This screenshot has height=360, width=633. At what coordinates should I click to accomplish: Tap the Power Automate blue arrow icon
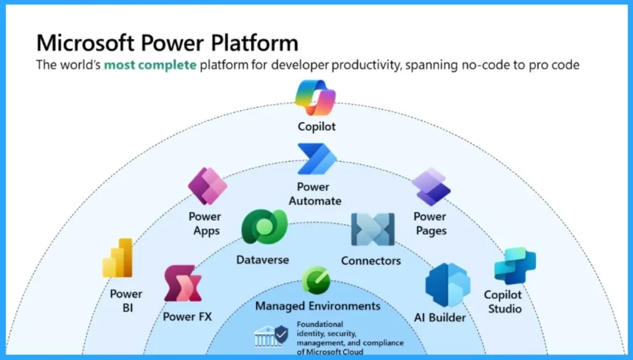317,159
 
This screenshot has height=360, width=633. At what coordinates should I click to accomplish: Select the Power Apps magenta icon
208,186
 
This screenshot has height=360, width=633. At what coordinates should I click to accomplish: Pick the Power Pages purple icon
431,187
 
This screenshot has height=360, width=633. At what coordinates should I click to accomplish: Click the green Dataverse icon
265,226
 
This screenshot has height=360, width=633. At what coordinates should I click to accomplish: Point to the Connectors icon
373,229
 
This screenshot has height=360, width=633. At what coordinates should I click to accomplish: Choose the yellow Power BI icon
117,258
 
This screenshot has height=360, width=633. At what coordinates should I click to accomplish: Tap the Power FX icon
183,283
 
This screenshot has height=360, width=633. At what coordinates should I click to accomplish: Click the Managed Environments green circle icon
316,280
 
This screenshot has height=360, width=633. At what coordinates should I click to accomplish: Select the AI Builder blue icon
448,285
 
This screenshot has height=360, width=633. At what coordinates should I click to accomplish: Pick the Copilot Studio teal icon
515,267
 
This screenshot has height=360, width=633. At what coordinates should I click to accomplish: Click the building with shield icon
271,336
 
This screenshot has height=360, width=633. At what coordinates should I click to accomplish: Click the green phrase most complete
150,65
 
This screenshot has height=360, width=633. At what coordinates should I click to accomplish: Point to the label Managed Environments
318,306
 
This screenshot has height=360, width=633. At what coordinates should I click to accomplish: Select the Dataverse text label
262,260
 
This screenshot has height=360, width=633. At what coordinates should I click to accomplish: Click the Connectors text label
371,260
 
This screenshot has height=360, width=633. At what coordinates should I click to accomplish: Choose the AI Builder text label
440,317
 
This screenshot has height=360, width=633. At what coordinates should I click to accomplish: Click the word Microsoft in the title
85,43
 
